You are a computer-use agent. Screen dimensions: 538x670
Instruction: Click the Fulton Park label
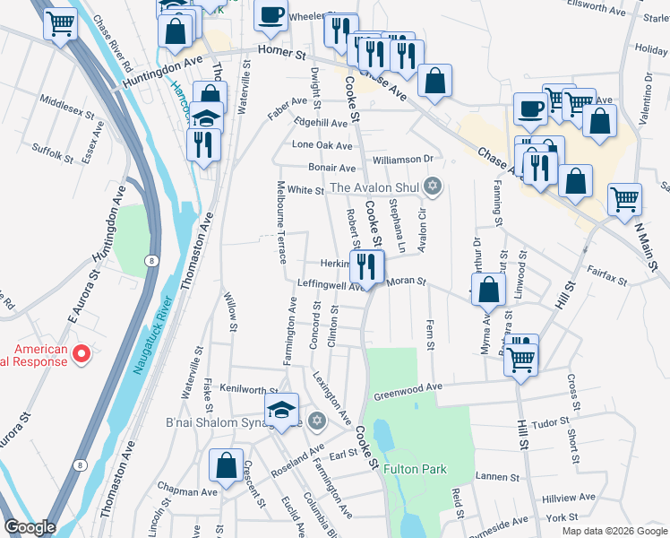[414, 469]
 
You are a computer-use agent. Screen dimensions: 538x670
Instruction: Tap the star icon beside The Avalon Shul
[434, 187]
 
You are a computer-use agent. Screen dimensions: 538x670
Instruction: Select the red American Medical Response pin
[81, 355]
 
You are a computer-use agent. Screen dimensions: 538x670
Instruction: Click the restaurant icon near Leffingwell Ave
[366, 266]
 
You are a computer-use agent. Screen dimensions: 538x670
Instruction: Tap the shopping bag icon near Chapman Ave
[226, 466]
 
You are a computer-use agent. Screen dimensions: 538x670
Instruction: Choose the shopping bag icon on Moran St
[488, 290]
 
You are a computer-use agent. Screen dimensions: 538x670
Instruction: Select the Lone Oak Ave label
[322, 145]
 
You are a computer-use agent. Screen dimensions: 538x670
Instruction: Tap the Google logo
[30, 527]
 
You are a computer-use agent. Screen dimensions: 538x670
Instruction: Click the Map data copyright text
[614, 531]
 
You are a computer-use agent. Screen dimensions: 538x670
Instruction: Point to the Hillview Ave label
[569, 497]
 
